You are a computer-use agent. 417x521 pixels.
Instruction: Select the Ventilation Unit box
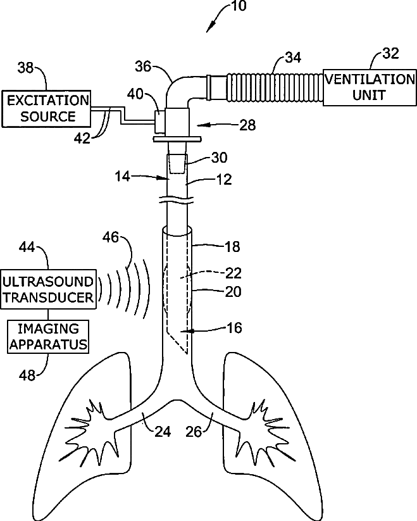[369, 88]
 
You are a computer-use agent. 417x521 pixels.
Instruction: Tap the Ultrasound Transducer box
[49, 288]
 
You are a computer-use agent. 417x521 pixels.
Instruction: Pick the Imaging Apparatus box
[49, 336]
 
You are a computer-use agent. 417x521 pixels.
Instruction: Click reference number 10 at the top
[239, 7]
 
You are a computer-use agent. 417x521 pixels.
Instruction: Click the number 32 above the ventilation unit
[391, 53]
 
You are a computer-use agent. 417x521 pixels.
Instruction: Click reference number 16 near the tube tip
[234, 328]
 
